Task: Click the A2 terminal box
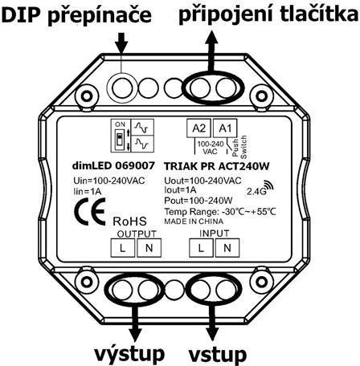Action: pos(198,128)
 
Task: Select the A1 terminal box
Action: pos(225,128)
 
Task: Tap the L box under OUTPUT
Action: pos(123,248)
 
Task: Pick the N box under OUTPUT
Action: pos(149,248)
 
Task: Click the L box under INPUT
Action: pos(201,248)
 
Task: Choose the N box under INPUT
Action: pos(227,248)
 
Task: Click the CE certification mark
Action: pos(90,212)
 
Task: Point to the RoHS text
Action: pos(129,222)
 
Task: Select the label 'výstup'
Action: pos(129,354)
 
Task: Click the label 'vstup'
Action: pos(218,355)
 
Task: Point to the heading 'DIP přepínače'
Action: pos(76,15)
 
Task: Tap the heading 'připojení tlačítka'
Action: pos(269,14)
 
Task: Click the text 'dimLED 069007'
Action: pos(113,165)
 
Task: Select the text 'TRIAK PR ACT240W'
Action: pos(217,166)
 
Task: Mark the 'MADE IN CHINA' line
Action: pos(194,222)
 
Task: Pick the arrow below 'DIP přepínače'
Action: pos(122,43)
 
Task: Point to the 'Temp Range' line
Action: pos(220,212)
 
